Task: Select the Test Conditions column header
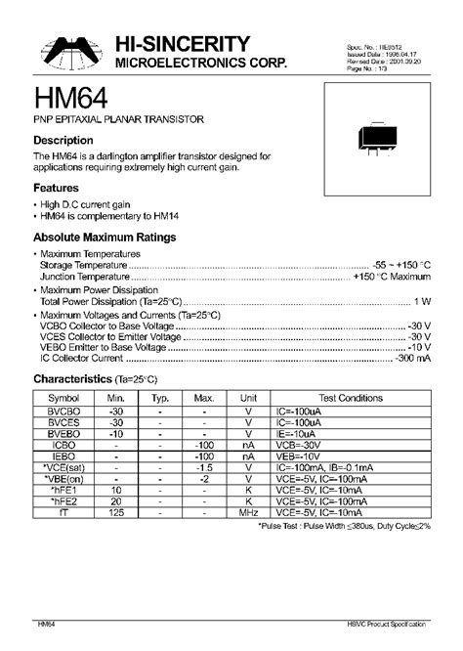click(x=349, y=399)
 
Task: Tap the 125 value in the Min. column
click(x=116, y=512)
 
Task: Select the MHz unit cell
click(x=249, y=512)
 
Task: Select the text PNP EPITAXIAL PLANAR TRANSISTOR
click(x=118, y=118)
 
